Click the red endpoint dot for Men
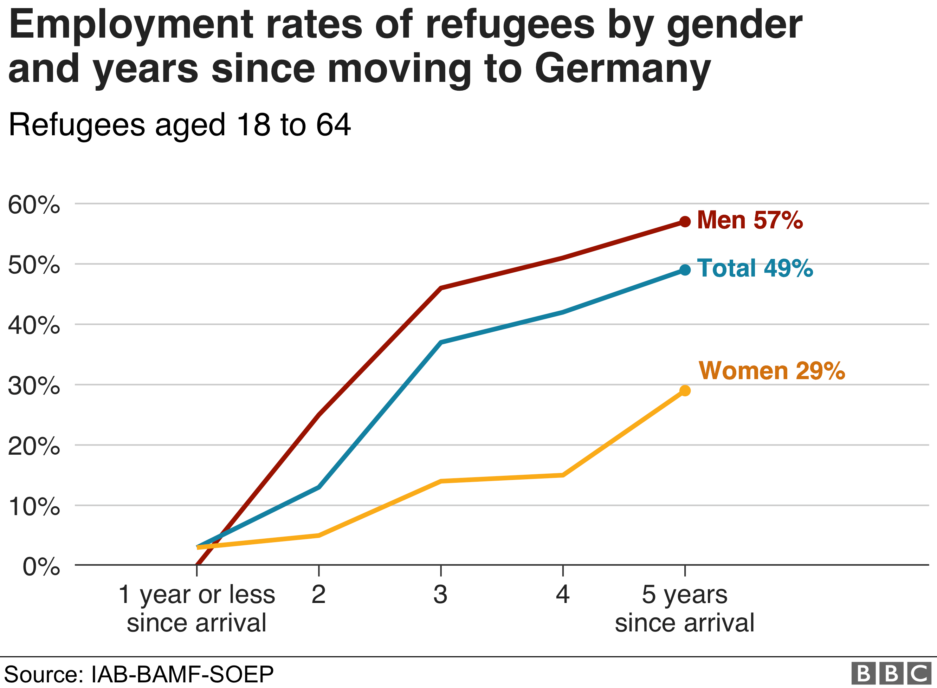[x=685, y=222]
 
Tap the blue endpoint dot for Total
[x=685, y=270]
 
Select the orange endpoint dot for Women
[x=685, y=391]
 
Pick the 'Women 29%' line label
[x=771, y=370]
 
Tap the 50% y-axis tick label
[x=34, y=265]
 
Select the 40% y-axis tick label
[x=34, y=325]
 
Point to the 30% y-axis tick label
[x=34, y=386]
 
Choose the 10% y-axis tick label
[x=34, y=506]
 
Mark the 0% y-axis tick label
[x=41, y=566]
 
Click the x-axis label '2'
[x=318, y=594]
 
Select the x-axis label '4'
[x=563, y=594]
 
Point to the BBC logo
[x=891, y=673]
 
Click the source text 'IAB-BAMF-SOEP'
[x=182, y=674]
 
